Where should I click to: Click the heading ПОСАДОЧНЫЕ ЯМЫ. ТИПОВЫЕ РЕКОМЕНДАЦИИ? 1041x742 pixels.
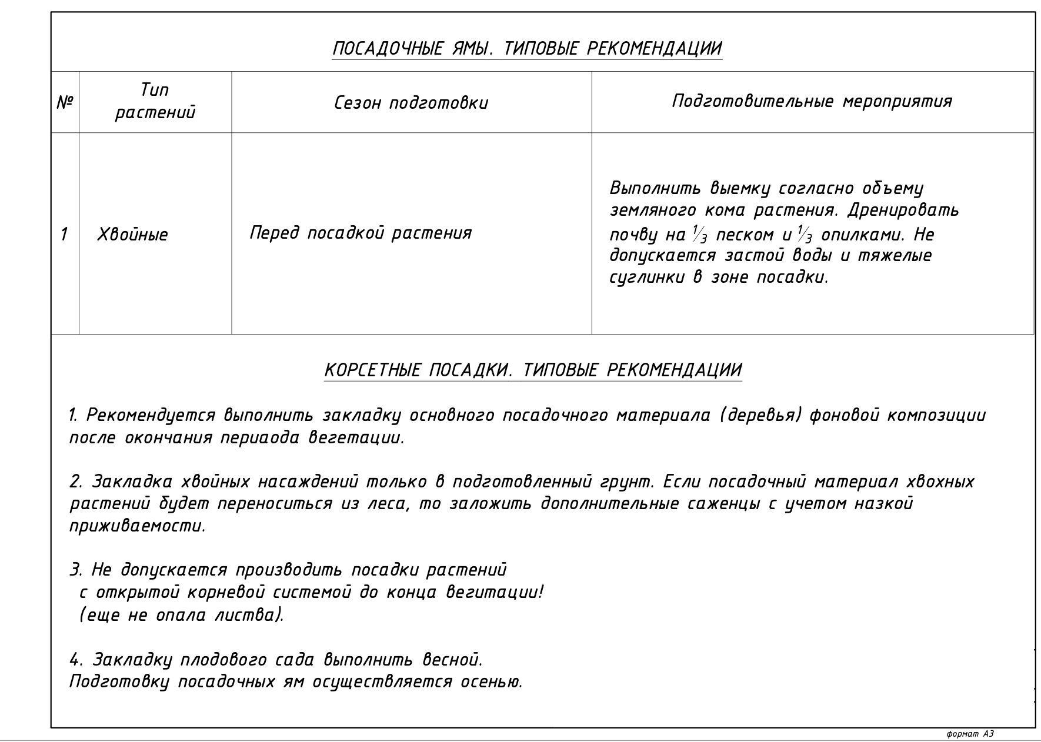click(527, 48)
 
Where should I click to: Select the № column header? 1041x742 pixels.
click(65, 103)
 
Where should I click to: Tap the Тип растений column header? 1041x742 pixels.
click(155, 101)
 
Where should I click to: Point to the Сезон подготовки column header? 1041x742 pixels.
click(411, 103)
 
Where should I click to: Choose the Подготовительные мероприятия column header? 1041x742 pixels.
click(812, 101)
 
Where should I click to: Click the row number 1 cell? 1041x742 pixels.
click(64, 234)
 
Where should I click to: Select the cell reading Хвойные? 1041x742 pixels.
click(132, 235)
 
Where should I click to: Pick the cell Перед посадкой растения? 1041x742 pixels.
click(361, 233)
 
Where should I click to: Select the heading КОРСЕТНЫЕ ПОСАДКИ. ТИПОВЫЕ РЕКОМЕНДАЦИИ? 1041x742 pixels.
click(533, 370)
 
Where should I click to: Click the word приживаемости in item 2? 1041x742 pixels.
click(138, 526)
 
